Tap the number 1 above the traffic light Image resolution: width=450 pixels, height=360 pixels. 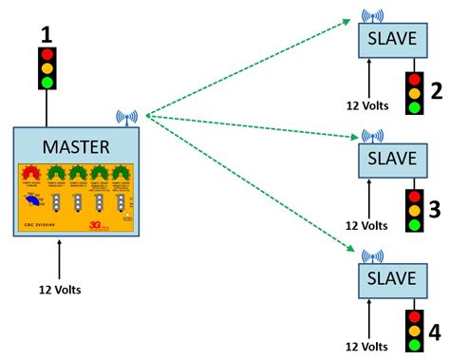[x=46, y=35]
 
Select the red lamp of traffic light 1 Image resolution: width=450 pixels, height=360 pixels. [x=46, y=54]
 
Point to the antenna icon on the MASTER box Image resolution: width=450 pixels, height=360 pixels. [x=124, y=119]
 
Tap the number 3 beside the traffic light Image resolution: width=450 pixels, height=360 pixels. [x=434, y=210]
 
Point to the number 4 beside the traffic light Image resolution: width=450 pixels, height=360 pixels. [x=435, y=332]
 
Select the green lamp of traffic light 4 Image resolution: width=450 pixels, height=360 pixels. [x=413, y=346]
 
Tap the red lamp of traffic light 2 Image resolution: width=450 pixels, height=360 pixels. [x=413, y=79]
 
